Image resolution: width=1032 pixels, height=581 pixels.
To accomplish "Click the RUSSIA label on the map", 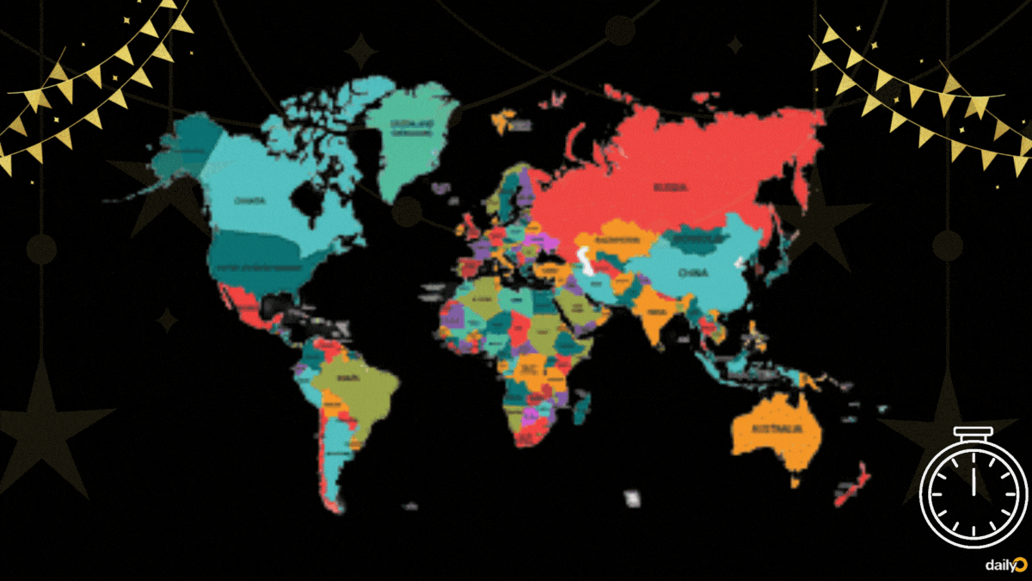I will [669, 186].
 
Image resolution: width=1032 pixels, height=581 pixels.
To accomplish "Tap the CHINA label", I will [692, 273].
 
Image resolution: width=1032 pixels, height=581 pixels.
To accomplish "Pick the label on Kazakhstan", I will [611, 239].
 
